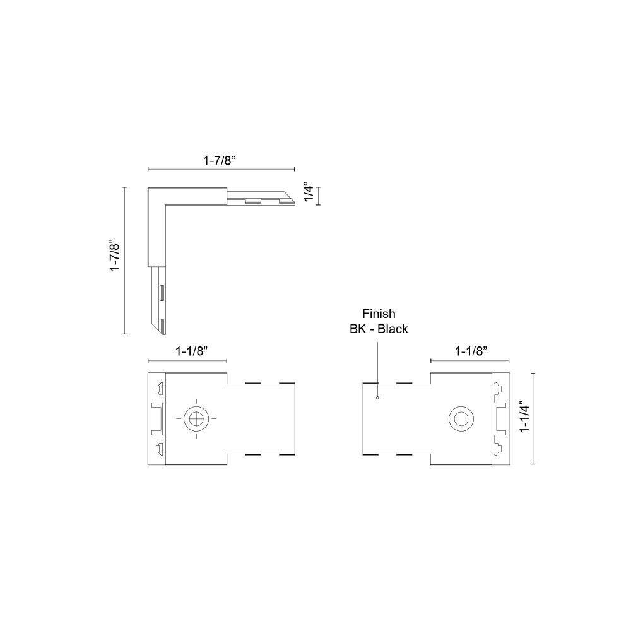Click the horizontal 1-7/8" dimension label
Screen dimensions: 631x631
click(x=219, y=160)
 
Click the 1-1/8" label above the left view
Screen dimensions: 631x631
click(x=191, y=351)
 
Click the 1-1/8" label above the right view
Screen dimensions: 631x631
click(x=471, y=351)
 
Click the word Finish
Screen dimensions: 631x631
click(x=379, y=314)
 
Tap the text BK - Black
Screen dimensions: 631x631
click(x=379, y=329)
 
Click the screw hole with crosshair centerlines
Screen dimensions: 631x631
click(x=196, y=418)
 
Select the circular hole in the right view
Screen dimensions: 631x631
click(x=461, y=418)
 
